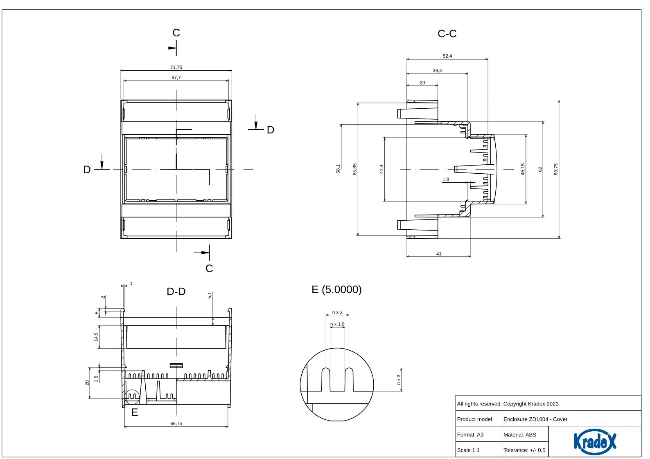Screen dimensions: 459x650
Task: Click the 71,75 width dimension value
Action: click(176, 67)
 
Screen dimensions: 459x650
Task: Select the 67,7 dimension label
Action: click(176, 78)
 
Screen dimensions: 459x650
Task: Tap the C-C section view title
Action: click(447, 34)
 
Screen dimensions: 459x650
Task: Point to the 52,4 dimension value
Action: click(447, 56)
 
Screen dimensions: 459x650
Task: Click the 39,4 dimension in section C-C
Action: click(437, 71)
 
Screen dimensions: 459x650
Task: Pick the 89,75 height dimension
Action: click(555, 169)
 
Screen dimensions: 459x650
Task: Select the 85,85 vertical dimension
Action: click(354, 169)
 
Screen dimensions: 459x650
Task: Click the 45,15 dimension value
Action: click(522, 169)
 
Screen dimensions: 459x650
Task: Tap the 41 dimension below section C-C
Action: click(439, 254)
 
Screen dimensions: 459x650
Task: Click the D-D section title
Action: click(176, 291)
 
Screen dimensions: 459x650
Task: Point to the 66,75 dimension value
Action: click(176, 423)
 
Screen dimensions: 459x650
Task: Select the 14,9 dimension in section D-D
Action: click(96, 337)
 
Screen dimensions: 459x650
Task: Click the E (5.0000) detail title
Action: click(336, 289)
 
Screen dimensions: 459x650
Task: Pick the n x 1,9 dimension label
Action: click(338, 324)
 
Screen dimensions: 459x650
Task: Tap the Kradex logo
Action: click(594, 441)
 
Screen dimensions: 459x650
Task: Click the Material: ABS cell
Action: click(520, 434)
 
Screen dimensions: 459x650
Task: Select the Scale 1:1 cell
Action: click(468, 450)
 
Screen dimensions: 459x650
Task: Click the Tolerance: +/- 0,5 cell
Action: click(524, 450)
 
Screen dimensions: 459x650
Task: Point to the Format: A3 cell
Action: click(470, 434)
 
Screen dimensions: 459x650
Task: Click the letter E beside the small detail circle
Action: click(134, 413)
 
